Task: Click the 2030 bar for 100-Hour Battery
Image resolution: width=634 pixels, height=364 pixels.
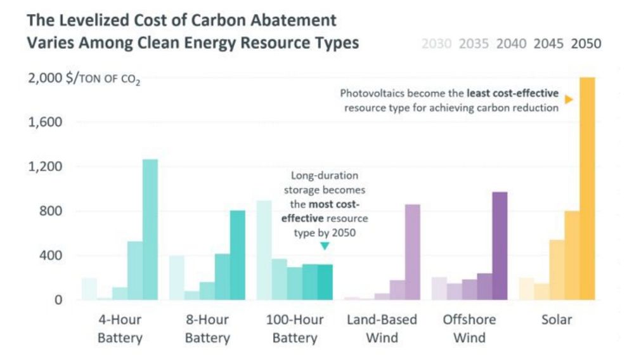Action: (x=264, y=250)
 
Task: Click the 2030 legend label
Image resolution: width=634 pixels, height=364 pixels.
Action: (x=436, y=44)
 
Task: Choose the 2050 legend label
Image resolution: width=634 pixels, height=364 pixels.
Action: (x=586, y=44)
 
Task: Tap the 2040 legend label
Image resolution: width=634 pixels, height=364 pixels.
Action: (x=511, y=44)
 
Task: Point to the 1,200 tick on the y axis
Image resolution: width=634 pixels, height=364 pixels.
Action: (x=46, y=167)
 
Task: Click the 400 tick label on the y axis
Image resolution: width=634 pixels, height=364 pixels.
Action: (x=51, y=256)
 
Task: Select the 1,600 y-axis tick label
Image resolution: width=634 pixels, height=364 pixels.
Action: (x=46, y=122)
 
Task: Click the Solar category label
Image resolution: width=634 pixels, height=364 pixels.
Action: (x=556, y=320)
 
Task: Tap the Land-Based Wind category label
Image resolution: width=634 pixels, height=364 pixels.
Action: (x=382, y=328)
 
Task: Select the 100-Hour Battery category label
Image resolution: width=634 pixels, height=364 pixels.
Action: (x=294, y=328)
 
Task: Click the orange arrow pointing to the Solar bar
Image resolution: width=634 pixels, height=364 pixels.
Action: (x=569, y=100)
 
